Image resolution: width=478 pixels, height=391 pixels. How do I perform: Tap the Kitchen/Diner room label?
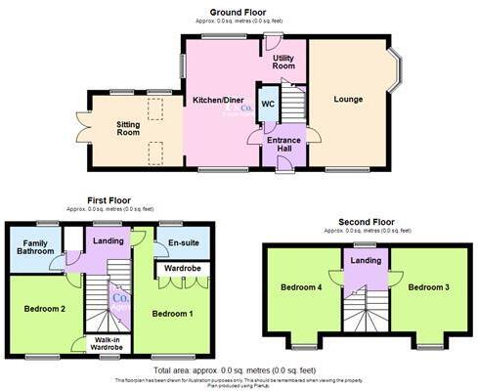point(219,101)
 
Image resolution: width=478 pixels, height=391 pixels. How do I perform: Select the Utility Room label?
point(283,64)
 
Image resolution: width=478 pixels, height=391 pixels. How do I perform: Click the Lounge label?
point(348,99)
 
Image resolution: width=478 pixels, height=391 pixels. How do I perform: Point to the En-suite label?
point(184,241)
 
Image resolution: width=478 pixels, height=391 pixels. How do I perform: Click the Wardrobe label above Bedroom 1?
point(183,267)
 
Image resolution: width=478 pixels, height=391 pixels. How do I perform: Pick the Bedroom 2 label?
point(43,309)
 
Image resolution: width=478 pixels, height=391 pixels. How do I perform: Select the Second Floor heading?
point(361,222)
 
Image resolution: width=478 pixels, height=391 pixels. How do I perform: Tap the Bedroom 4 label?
point(300,288)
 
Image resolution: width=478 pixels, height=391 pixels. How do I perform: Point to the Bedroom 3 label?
point(428,288)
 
